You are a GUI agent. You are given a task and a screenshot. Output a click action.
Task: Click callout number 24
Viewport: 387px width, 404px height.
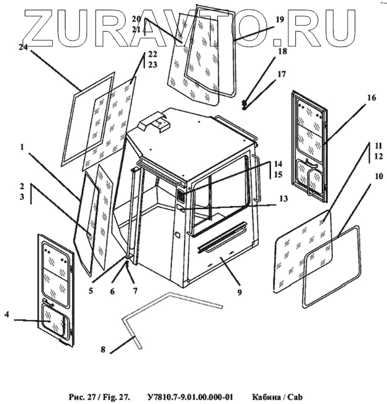pos(23,47)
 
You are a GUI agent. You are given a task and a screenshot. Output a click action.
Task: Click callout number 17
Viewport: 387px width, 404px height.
pos(281,75)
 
